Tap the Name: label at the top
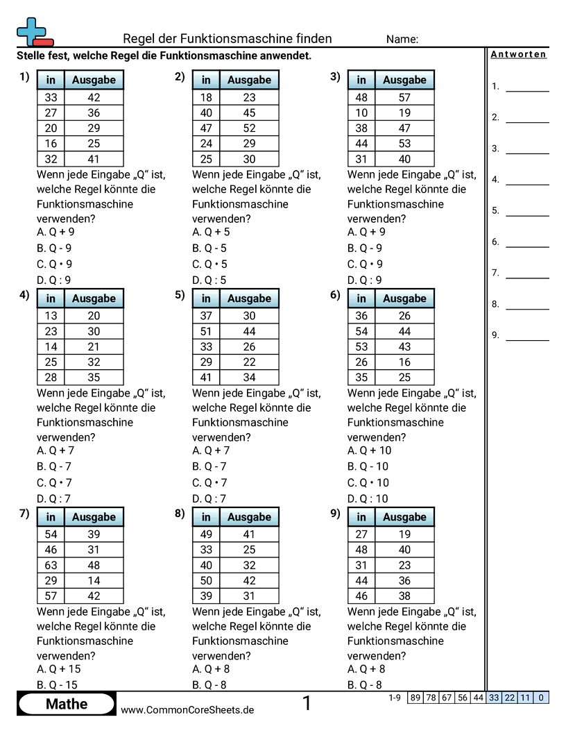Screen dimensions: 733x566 pyautogui.click(x=402, y=40)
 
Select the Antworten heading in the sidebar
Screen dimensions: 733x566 pyautogui.click(x=519, y=55)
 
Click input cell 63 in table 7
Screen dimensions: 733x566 pyautogui.click(x=51, y=565)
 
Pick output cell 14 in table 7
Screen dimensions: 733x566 pyautogui.click(x=94, y=580)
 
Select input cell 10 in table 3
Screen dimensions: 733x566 pyautogui.click(x=361, y=112)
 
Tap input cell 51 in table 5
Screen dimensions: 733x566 pyautogui.click(x=206, y=331)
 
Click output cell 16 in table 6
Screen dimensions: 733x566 pyautogui.click(x=404, y=362)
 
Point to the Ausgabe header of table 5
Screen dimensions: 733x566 pyautogui.click(x=249, y=298)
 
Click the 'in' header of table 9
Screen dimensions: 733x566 pyautogui.click(x=361, y=517)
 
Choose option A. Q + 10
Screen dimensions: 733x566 pyautogui.click(x=370, y=450)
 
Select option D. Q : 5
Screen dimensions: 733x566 pyautogui.click(x=209, y=280)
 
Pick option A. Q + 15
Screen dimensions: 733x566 pyautogui.click(x=59, y=669)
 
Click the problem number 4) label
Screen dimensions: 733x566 pyautogui.click(x=24, y=295)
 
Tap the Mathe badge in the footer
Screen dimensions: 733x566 pyautogui.click(x=67, y=704)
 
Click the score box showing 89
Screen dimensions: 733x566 pyautogui.click(x=415, y=698)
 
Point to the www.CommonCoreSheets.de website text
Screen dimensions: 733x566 pyautogui.click(x=187, y=710)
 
